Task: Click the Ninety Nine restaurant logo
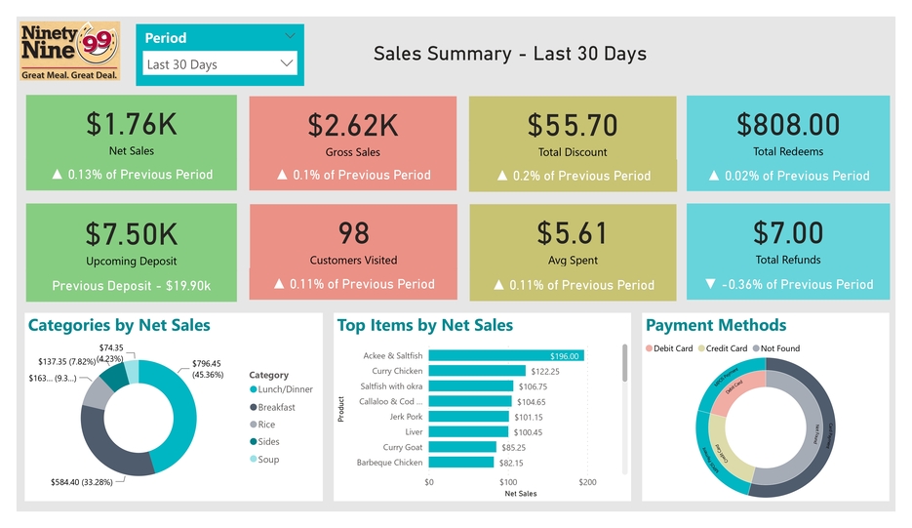pos(70,51)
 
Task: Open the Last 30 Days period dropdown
pos(218,64)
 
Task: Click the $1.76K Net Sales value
pos(131,124)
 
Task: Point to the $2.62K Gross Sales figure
pos(352,125)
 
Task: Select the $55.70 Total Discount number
pos(573,125)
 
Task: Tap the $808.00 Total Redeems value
pos(788,124)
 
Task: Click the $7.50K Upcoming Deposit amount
pos(131,234)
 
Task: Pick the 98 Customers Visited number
pos(353,233)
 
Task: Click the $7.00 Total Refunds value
pos(788,233)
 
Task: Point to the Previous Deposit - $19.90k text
pos(131,286)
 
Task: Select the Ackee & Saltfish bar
pos(506,356)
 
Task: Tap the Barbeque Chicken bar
pos(461,463)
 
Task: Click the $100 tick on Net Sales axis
pos(508,482)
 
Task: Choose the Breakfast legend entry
pos(276,407)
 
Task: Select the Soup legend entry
pos(267,460)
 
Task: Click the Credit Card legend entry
pos(726,348)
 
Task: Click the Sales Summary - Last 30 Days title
pos(509,54)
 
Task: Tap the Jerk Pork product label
pos(406,417)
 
